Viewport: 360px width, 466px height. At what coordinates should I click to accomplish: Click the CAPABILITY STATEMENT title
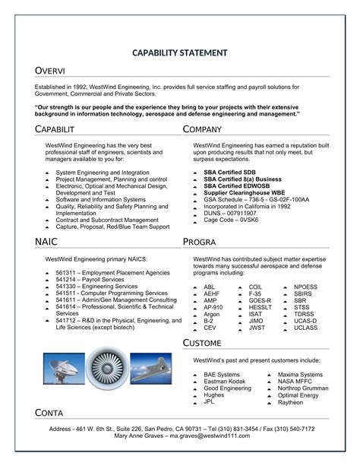(x=180, y=52)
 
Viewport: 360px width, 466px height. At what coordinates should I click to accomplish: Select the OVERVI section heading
(x=50, y=71)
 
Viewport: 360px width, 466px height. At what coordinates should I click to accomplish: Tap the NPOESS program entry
(x=307, y=286)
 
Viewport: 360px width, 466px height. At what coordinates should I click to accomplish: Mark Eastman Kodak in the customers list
(x=226, y=381)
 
